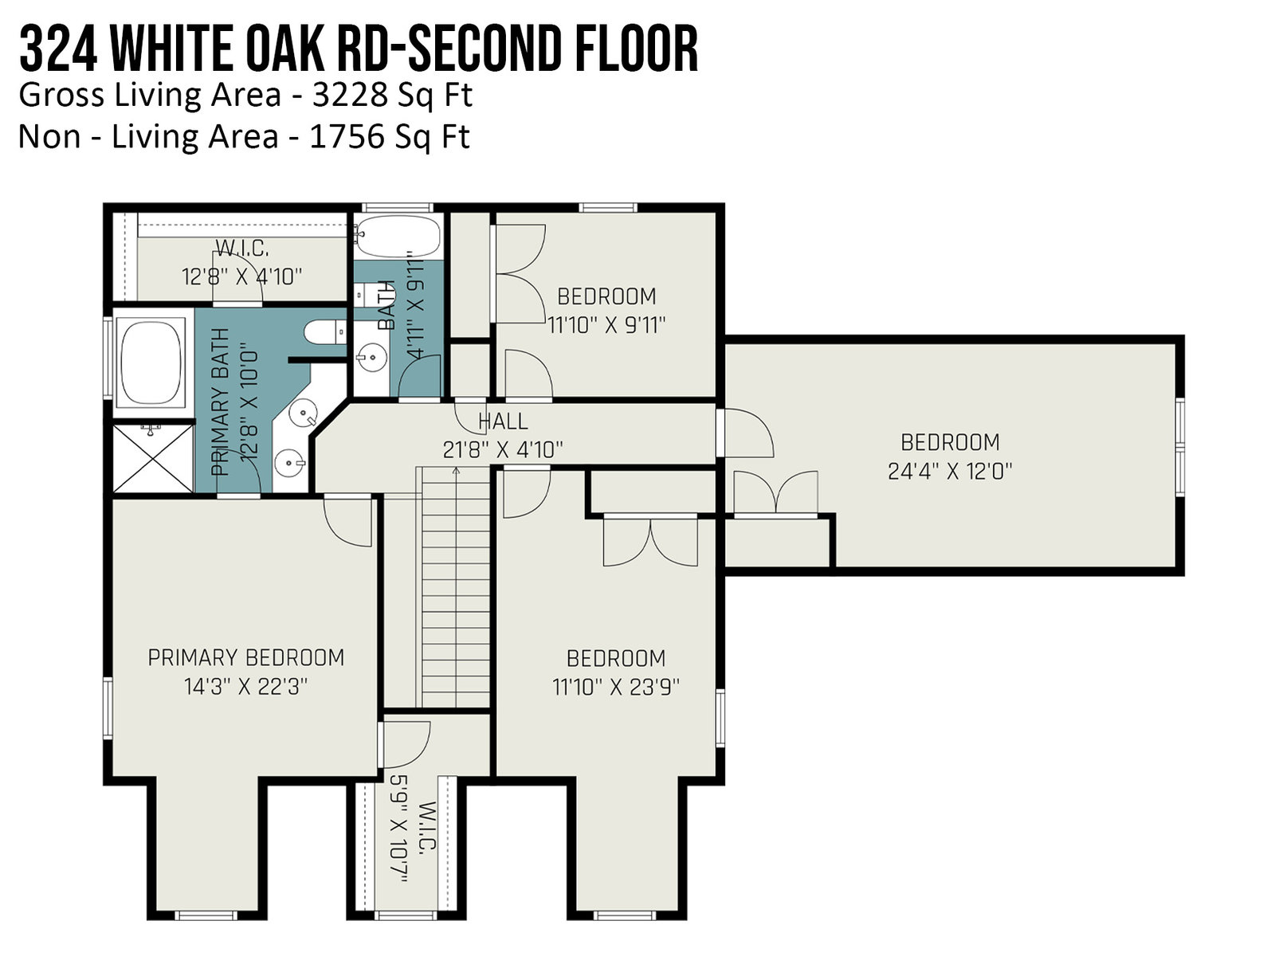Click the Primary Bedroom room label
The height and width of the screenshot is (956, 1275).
[x=246, y=658]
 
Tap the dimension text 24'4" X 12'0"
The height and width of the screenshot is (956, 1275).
[x=950, y=471]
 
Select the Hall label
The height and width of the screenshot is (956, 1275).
[x=503, y=421]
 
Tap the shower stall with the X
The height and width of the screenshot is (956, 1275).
[x=153, y=458]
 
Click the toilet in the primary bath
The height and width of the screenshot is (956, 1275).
[x=326, y=331]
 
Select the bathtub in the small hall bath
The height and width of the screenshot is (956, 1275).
[x=398, y=235]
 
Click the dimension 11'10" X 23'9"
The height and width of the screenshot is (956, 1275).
[x=615, y=687]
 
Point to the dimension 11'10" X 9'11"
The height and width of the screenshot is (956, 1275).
[x=606, y=325]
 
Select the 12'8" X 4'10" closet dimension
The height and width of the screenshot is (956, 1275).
[x=242, y=277]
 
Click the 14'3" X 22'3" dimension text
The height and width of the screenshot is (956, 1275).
[x=246, y=687]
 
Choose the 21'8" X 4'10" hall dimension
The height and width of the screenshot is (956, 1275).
[x=503, y=450]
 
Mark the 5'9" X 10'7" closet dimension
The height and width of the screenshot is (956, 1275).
[x=399, y=829]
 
